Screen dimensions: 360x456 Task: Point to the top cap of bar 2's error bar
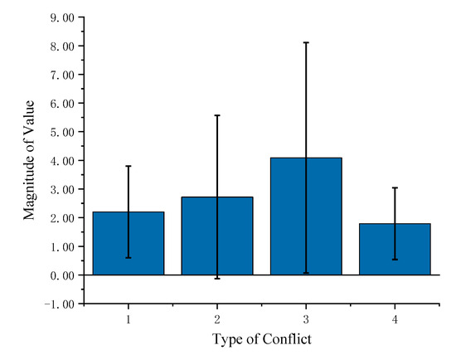point(217,115)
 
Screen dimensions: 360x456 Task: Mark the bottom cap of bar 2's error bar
point(217,278)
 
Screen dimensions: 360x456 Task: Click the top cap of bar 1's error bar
point(129,166)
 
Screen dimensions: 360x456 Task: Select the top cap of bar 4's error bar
point(395,187)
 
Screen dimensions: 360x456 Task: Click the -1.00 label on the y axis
point(58,304)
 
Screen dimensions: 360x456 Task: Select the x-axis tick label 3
point(306,319)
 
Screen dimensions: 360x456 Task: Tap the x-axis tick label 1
point(129,319)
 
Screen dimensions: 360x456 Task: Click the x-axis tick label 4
point(395,319)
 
